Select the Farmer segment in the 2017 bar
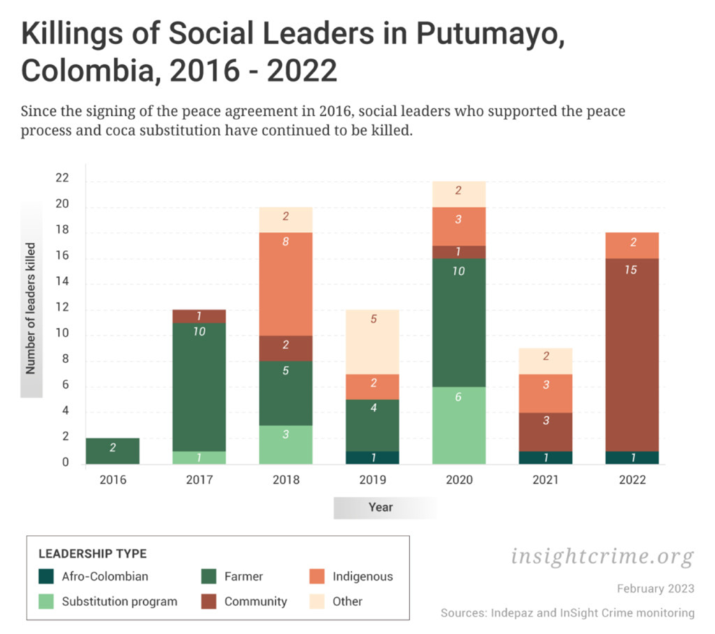click(199, 387)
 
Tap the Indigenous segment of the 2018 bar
click(286, 283)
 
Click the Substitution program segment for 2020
click(459, 425)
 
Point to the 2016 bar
click(112, 451)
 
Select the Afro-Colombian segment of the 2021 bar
click(545, 457)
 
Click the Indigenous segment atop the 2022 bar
click(632, 245)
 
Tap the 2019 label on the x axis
click(372, 480)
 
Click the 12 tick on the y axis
click(62, 309)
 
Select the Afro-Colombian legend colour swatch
click(46, 577)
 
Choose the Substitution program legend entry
click(119, 601)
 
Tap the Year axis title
click(381, 508)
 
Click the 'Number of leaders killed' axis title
click(31, 309)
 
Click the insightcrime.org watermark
click(603, 556)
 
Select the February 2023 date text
click(656, 589)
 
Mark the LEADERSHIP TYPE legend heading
click(92, 554)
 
